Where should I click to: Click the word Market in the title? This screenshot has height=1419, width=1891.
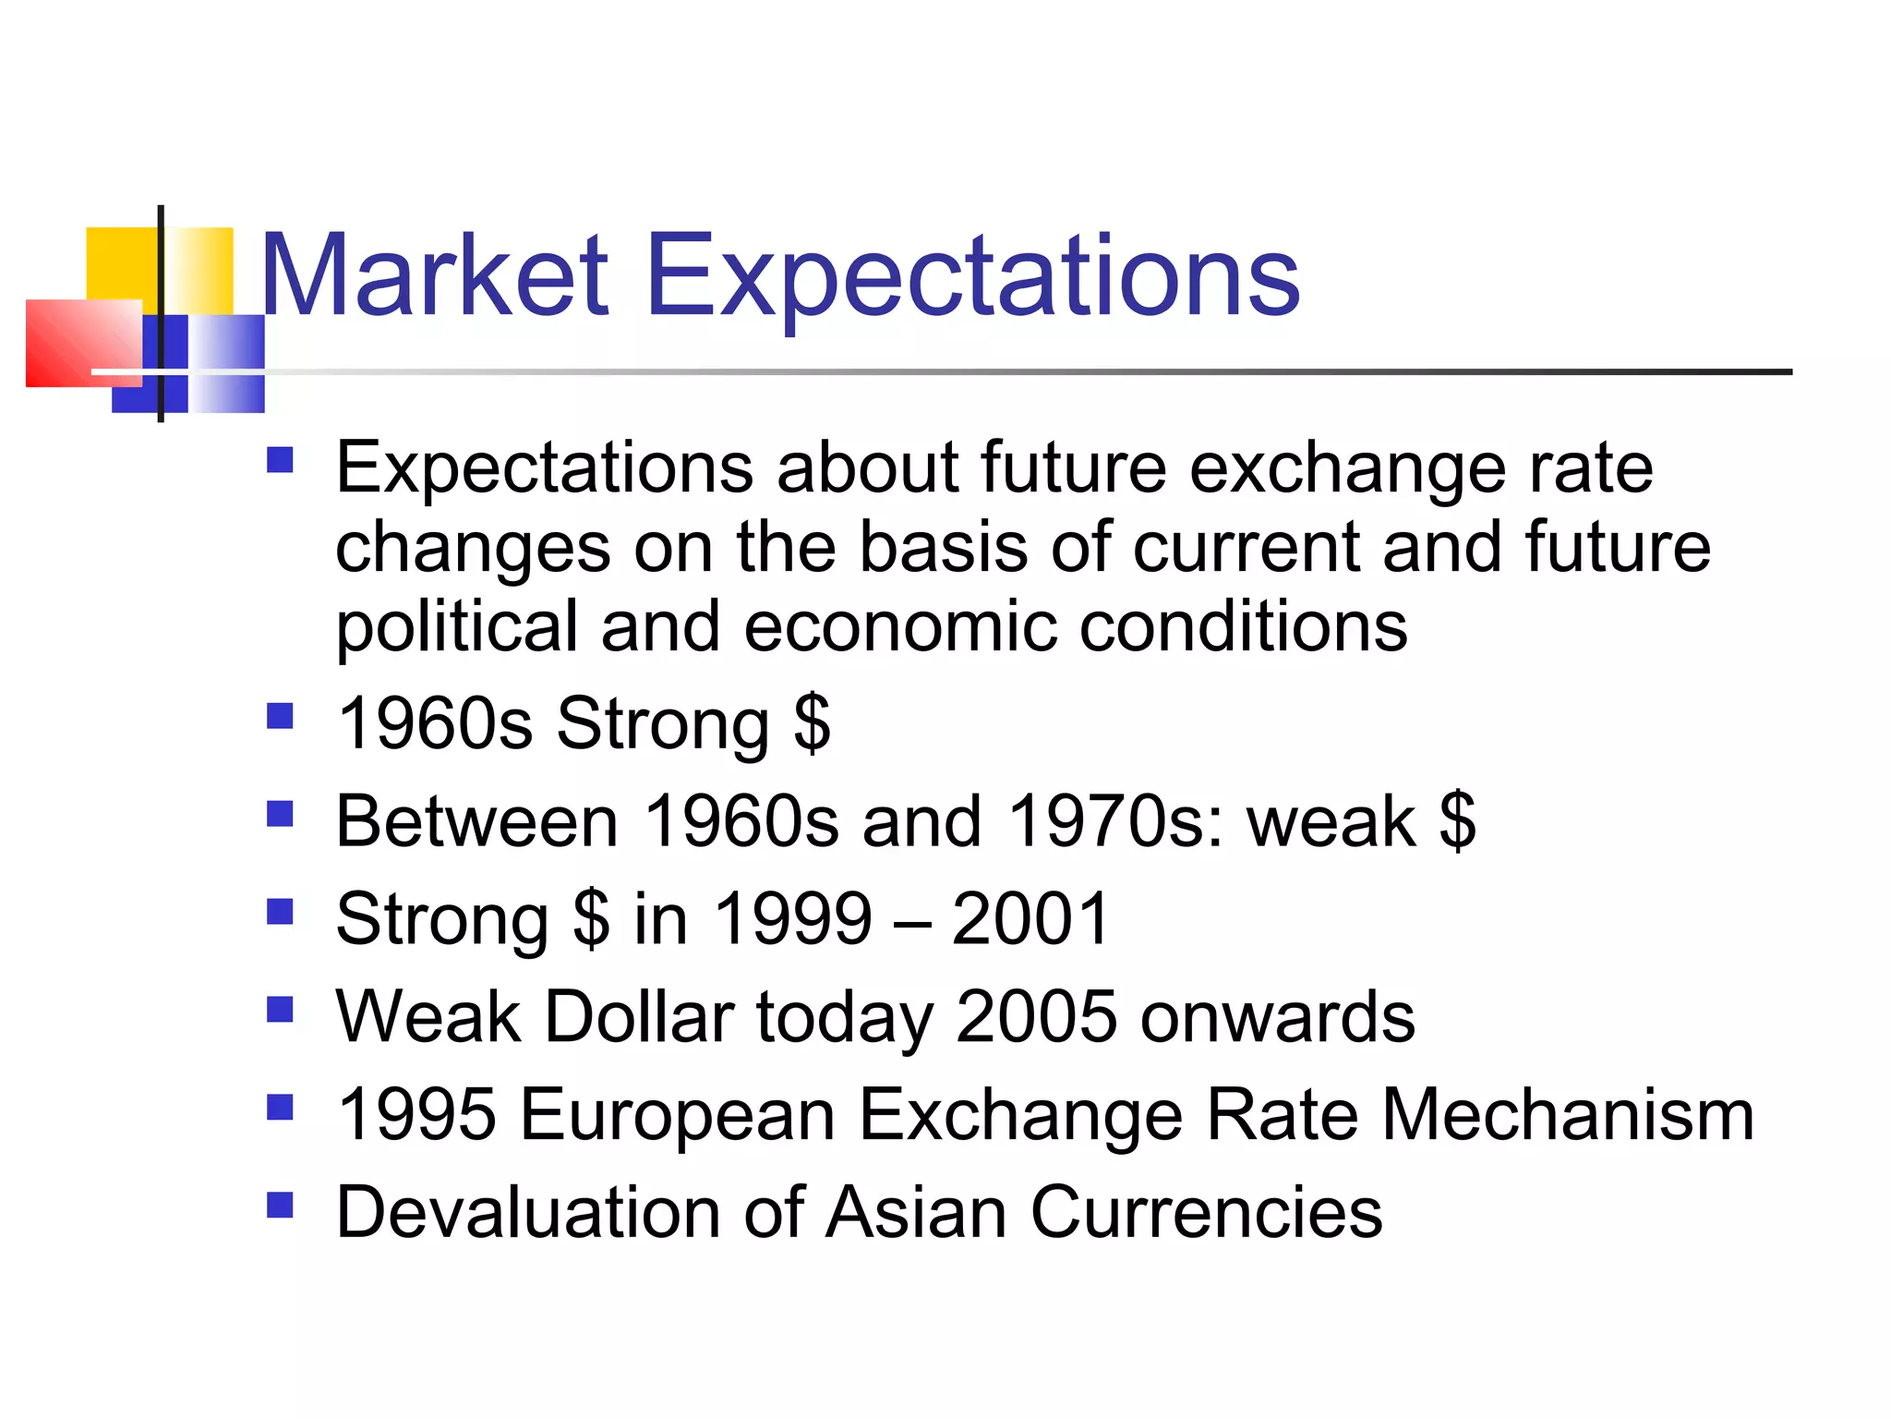tap(434, 275)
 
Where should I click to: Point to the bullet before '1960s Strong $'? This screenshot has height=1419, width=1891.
tap(280, 716)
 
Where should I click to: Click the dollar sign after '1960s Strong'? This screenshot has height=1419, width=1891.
tap(812, 724)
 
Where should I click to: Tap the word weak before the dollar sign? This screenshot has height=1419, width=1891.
tap(1331, 820)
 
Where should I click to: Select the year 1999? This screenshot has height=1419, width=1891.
tap(793, 918)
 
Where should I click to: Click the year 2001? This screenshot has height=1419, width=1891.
tap(1030, 918)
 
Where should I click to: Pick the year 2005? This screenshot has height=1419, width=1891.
tap(1035, 1016)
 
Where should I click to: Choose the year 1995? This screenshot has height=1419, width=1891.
tap(416, 1114)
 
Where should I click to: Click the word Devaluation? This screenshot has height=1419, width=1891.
tap(527, 1212)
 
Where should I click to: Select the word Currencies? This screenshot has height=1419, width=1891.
tap(1205, 1212)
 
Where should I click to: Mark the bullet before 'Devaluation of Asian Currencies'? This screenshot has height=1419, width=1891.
tap(280, 1205)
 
